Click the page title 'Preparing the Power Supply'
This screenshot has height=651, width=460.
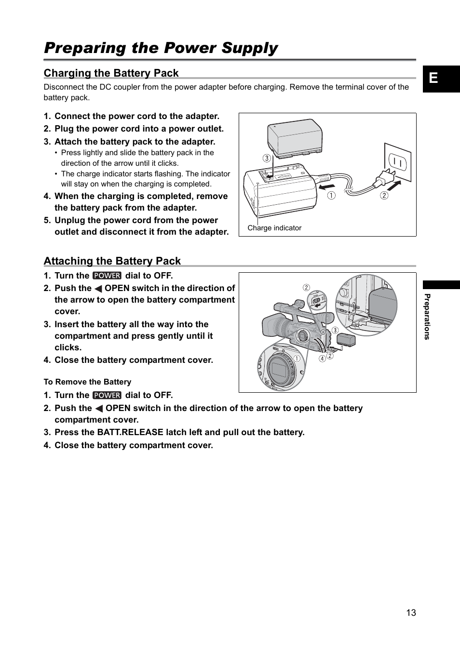(161, 48)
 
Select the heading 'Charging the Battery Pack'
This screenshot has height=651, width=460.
(111, 73)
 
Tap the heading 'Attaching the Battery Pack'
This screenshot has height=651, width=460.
(112, 261)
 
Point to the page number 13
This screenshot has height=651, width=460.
(410, 612)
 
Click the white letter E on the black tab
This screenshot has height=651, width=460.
(433, 78)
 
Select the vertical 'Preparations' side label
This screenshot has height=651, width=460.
(427, 317)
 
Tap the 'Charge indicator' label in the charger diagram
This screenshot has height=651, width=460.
(274, 228)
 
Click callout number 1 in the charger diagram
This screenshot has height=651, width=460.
(332, 196)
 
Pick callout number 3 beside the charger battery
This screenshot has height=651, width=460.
(266, 158)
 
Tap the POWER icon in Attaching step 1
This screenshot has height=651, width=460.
(107, 276)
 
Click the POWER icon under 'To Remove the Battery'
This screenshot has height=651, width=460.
(107, 395)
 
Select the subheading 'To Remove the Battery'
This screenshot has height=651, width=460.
(87, 382)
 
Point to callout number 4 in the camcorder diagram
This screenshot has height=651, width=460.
(322, 359)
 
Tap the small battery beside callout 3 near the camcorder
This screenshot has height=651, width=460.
(346, 340)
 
